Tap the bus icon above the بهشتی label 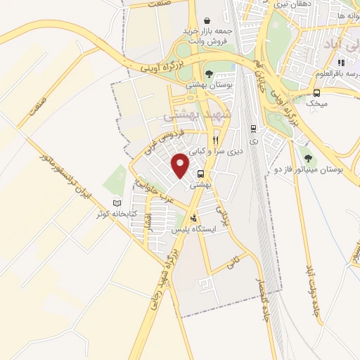pos(202,174)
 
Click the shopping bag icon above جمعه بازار pos(207,21)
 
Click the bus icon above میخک pos(317,93)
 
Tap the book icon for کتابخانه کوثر pos(117,203)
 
